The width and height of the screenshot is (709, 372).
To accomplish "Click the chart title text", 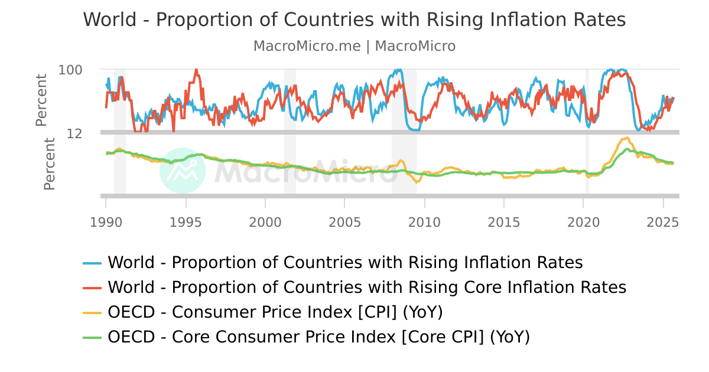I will [x=354, y=19].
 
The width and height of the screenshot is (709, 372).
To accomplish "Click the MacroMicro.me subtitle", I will [x=354, y=46].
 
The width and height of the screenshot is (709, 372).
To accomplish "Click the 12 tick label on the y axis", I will [x=74, y=133].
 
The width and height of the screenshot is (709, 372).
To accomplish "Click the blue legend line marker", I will [x=93, y=262].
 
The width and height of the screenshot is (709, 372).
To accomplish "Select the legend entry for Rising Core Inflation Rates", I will [x=366, y=288].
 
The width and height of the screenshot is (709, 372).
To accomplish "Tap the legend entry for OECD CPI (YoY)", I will [x=275, y=312].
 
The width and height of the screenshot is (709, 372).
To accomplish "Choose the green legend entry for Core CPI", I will [x=318, y=337].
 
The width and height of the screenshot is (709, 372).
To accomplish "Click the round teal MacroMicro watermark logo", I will [x=183, y=170].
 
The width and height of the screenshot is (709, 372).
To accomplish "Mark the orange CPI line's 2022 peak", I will [x=625, y=138].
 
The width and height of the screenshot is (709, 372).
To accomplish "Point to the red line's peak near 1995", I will [x=196, y=70].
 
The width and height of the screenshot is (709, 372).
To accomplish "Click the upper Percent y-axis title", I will [x=41, y=100].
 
